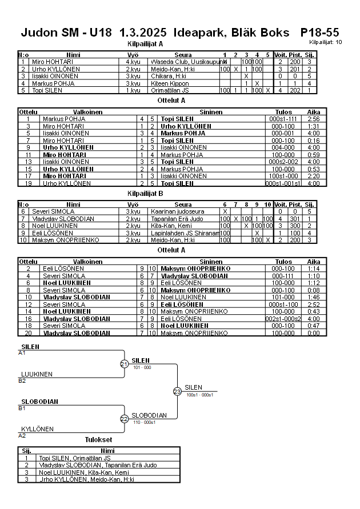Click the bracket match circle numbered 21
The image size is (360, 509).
pos(124,364)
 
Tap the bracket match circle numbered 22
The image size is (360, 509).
pos(124,419)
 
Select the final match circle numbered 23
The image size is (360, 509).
pos(177,391)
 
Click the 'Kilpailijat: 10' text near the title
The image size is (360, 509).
pos(326,42)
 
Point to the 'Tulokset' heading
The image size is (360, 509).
pos(99,439)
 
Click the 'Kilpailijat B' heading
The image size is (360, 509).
pos(145,194)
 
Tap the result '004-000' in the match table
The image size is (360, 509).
pos(283,147)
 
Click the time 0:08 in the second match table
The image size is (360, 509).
pos(314,290)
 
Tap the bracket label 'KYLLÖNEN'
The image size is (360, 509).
pos(38,428)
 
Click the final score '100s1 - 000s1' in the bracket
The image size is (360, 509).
pos(200,395)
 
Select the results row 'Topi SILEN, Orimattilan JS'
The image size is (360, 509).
pos(74,458)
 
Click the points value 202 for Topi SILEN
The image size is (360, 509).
pos(295,90)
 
